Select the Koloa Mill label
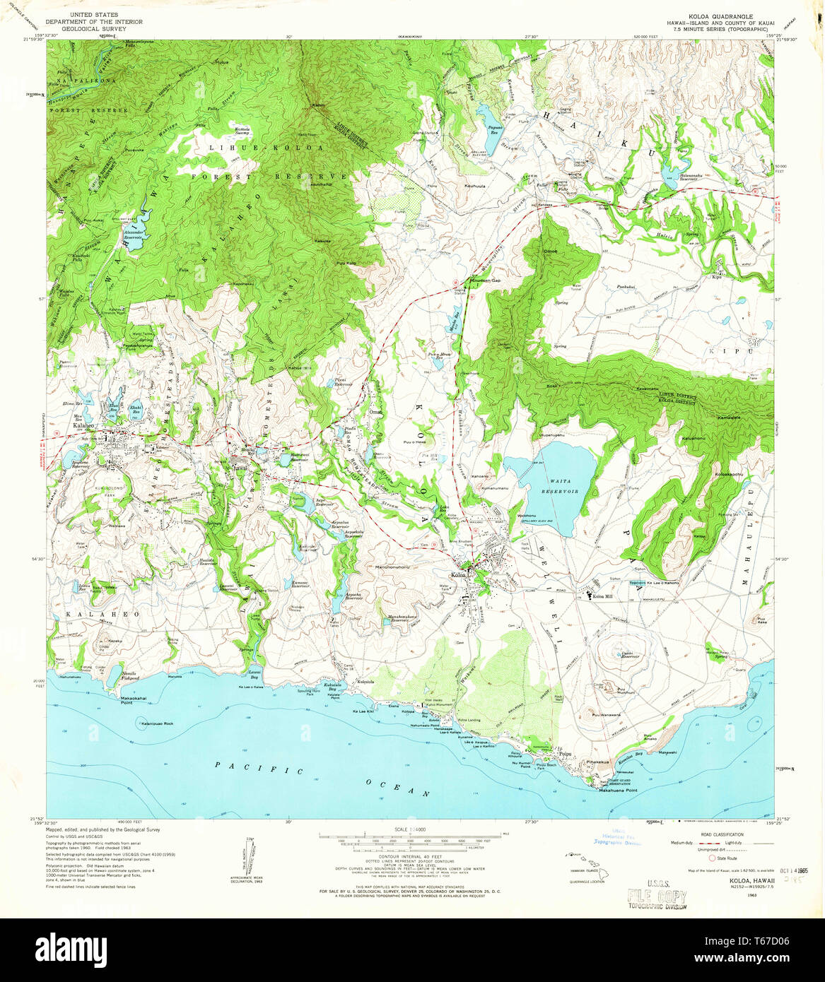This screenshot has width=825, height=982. pos(602,597)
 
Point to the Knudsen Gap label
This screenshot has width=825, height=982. pos(486,280)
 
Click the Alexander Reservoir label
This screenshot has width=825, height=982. pos(134,235)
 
